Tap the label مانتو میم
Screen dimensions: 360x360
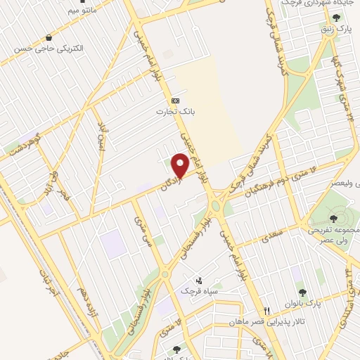click(63, 11)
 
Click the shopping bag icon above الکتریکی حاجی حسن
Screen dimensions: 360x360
click(48, 37)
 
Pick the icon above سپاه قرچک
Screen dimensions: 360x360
click(198, 280)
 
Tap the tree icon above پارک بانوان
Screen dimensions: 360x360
click(302, 292)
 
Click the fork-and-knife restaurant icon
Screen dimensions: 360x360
click(266, 311)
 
